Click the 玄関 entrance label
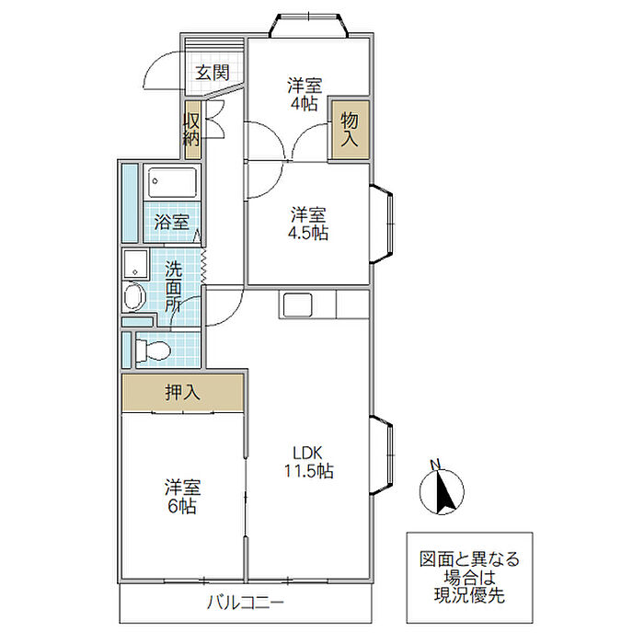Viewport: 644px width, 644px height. pos(212,73)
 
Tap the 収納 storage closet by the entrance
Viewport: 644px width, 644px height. pos(192,130)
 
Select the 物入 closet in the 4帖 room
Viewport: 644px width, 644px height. pos(350,130)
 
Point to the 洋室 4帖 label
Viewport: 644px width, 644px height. pos(305,94)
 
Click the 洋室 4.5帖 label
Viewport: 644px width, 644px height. pos(307,224)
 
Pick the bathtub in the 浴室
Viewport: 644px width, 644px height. pos(172,182)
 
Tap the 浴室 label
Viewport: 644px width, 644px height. pos(172,223)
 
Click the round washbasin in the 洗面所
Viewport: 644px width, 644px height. pos(134,296)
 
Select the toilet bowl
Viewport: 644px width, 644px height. pos(153,351)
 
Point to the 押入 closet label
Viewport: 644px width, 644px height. pos(182,393)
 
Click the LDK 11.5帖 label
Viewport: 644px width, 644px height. pos(309,462)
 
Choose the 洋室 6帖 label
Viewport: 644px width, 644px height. pos(182,496)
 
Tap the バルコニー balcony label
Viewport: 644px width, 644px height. pos(246,603)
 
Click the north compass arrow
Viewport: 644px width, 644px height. pos(444,491)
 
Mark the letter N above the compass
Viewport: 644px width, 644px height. pos(435,465)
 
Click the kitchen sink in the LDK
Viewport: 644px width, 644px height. pos(295,305)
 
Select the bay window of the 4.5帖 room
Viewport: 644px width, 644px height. pos(382,224)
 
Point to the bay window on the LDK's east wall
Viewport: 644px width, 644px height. pos(382,455)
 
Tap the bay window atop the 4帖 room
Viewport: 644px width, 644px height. pos(309,26)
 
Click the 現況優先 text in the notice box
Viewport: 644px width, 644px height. pos(469,596)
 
